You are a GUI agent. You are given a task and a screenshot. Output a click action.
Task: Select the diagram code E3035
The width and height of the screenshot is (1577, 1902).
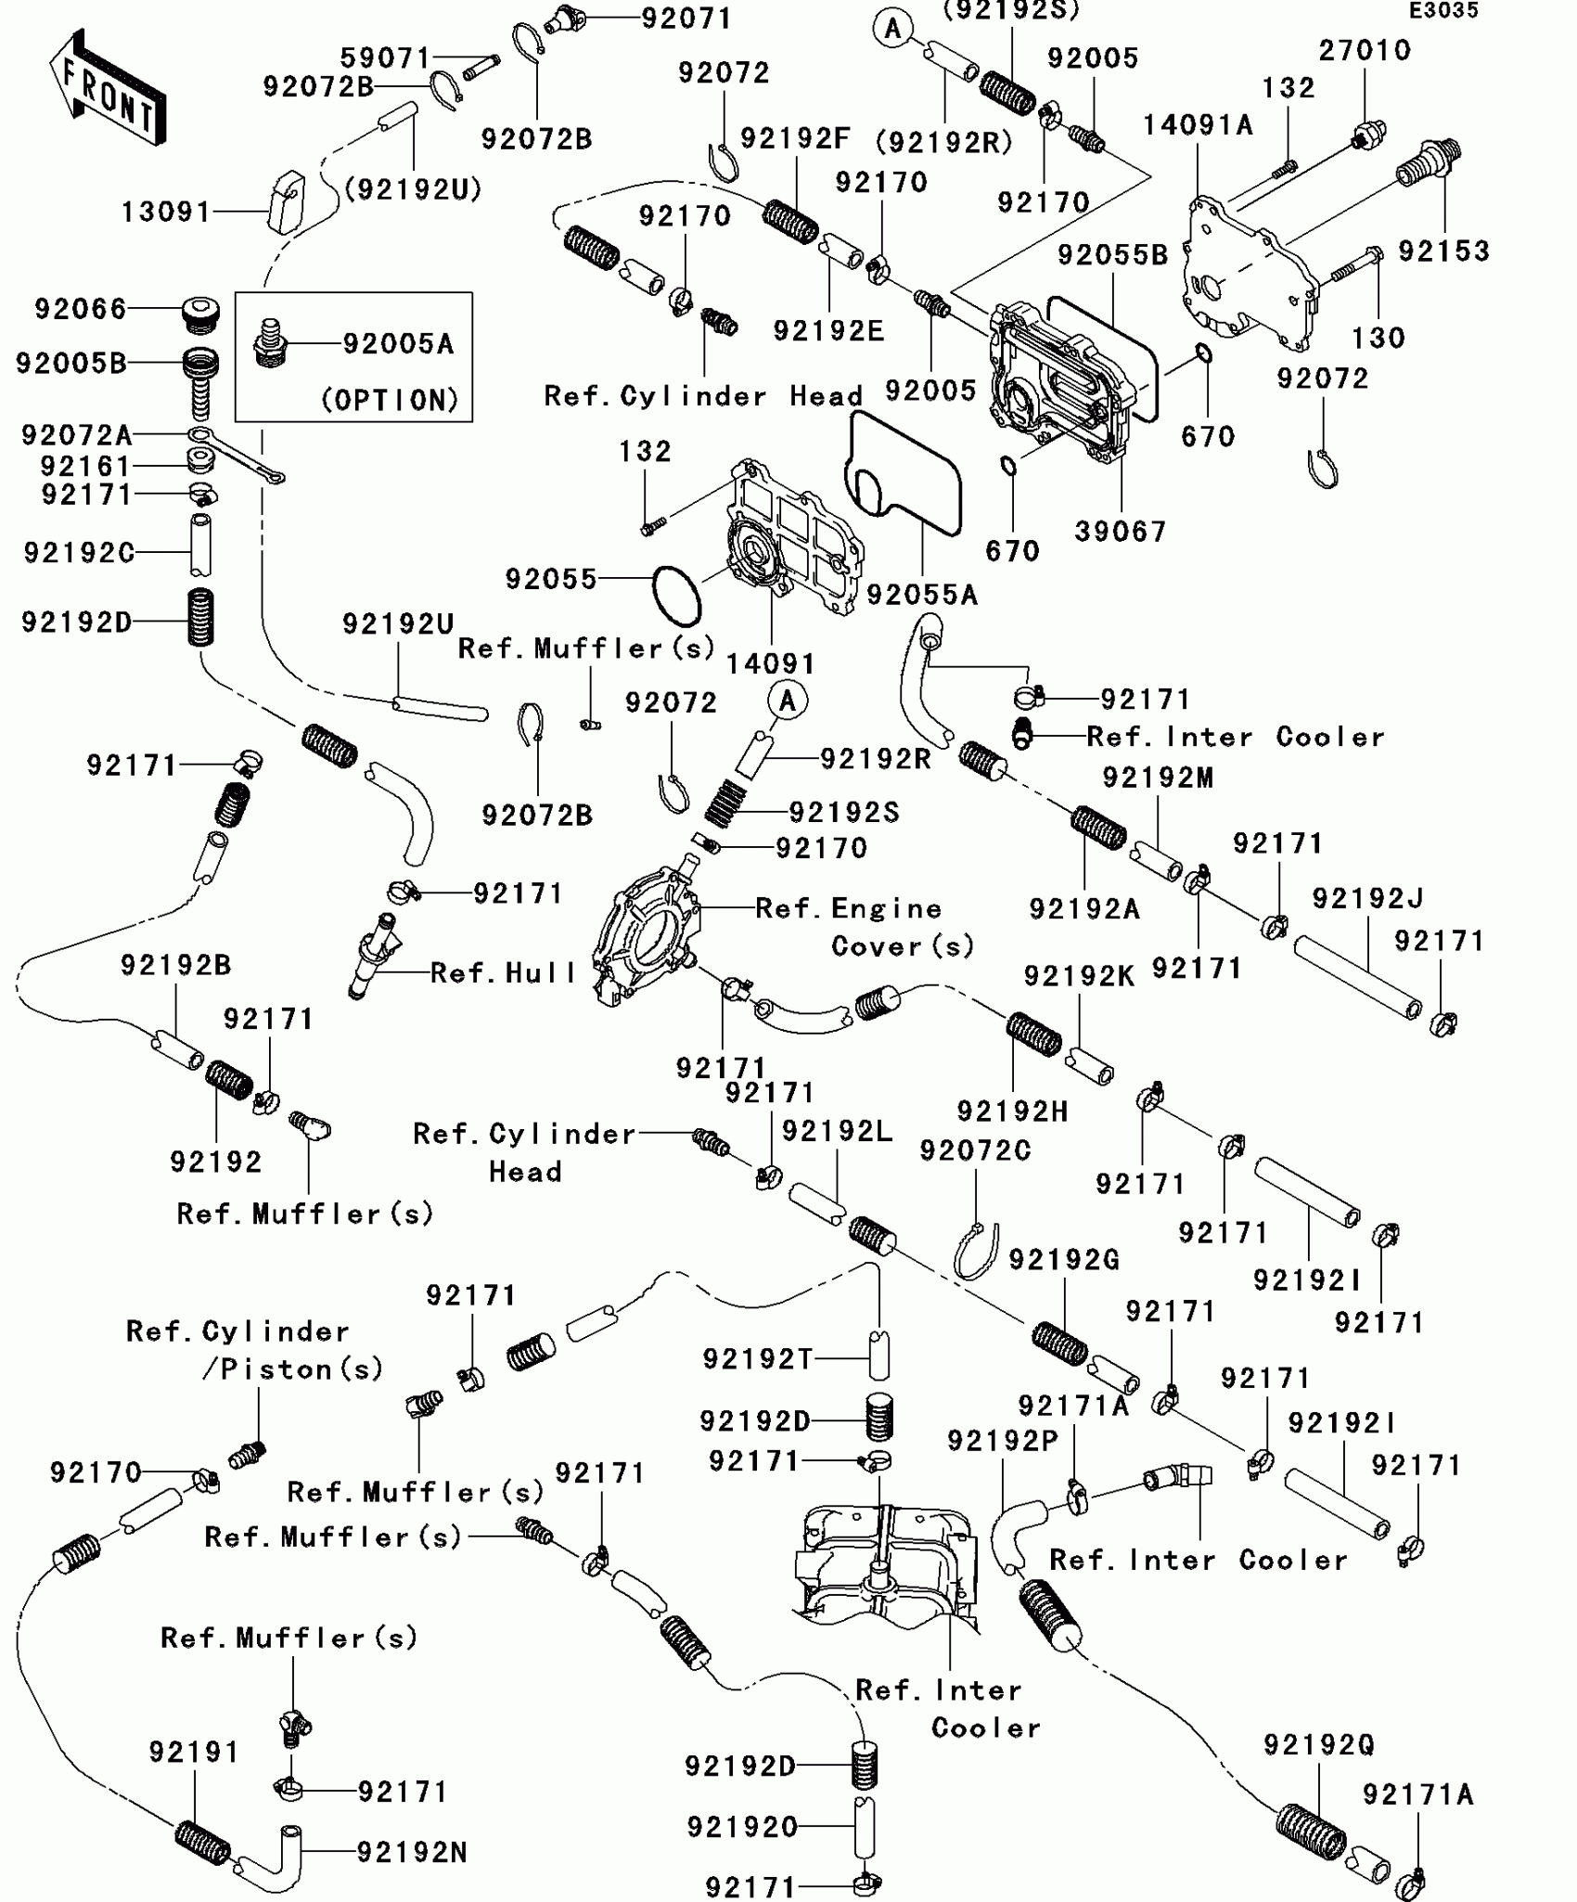[1443, 11]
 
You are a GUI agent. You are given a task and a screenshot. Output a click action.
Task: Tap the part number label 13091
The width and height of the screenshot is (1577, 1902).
[167, 212]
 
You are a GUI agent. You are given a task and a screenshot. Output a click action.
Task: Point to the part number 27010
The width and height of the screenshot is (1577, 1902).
[1365, 50]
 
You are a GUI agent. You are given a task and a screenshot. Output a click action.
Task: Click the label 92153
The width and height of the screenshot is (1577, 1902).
[1443, 251]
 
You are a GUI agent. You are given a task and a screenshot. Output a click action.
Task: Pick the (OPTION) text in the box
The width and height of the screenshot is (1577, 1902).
[391, 400]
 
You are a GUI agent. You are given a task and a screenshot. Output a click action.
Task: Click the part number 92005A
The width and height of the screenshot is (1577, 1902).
[398, 344]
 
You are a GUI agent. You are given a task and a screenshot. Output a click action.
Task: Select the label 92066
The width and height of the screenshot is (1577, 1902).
[81, 309]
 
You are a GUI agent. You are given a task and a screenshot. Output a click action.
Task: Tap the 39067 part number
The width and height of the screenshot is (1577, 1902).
[1121, 532]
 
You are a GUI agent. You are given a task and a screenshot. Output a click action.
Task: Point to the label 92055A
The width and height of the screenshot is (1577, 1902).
[922, 595]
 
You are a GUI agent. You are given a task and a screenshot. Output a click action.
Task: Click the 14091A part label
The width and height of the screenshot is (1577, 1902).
[1198, 124]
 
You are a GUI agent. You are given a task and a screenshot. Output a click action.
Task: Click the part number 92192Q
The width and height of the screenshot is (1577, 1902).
[1318, 1745]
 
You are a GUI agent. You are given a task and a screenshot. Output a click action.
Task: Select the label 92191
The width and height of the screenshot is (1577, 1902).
[194, 1752]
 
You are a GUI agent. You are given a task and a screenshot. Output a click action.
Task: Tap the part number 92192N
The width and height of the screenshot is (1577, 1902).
[412, 1853]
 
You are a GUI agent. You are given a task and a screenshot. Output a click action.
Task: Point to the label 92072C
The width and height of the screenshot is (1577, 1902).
[975, 1150]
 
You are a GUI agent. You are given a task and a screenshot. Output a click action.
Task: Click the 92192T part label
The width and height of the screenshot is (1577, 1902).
[757, 1359]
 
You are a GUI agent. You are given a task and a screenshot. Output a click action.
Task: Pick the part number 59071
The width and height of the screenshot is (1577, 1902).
[385, 58]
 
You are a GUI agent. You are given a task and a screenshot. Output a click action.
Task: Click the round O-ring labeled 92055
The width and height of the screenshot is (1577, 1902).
[676, 596]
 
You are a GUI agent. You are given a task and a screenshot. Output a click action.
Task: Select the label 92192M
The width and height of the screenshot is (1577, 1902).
[1158, 778]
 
